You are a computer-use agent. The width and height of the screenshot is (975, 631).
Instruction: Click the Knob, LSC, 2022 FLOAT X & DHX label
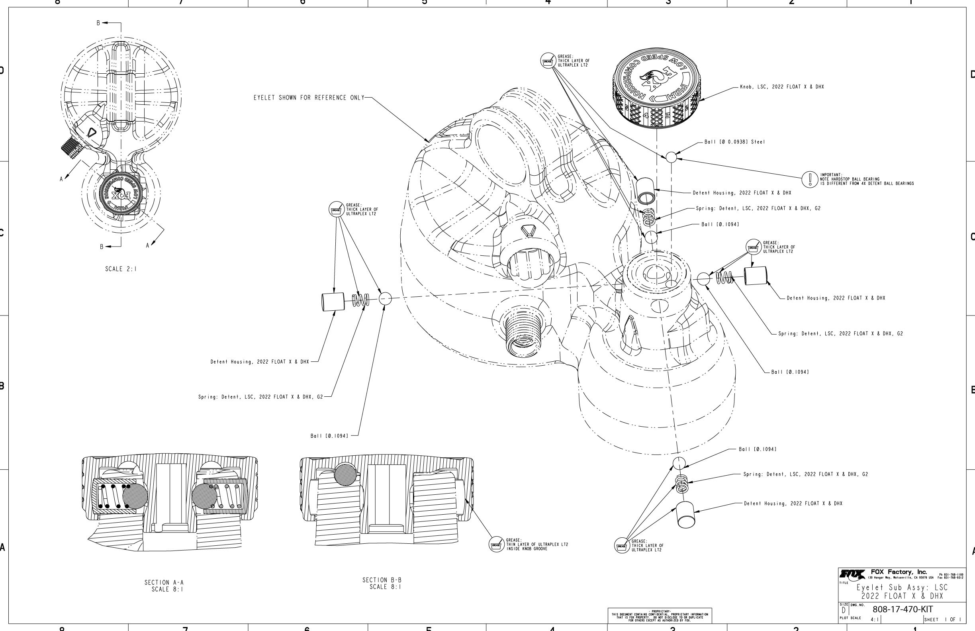[x=782, y=87]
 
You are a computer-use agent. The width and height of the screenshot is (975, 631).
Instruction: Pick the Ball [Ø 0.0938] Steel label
[x=734, y=142]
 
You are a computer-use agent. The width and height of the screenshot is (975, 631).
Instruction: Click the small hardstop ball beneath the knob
[x=671, y=157]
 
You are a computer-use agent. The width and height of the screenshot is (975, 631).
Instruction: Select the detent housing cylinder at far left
[x=333, y=302]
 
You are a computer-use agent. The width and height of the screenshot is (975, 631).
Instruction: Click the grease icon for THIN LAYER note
[x=496, y=545]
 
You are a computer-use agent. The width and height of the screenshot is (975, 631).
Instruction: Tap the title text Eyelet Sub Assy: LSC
[x=902, y=588]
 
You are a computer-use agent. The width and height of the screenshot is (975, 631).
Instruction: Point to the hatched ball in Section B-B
[x=346, y=475]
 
